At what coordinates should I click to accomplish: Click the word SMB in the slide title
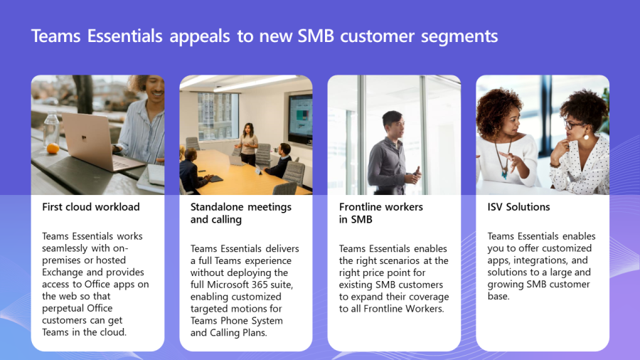coord(316,36)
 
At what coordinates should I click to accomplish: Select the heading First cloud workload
coord(91,207)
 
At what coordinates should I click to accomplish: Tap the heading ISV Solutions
coord(518,207)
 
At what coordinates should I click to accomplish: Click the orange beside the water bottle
coord(53,148)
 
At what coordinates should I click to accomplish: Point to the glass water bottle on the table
coord(51,129)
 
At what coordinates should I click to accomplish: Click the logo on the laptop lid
coord(84,139)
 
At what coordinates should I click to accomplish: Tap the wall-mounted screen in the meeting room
coord(300,119)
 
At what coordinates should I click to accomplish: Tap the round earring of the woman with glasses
coord(586,137)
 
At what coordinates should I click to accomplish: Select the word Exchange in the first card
coord(63,272)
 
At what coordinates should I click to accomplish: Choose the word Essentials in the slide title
coord(125,36)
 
